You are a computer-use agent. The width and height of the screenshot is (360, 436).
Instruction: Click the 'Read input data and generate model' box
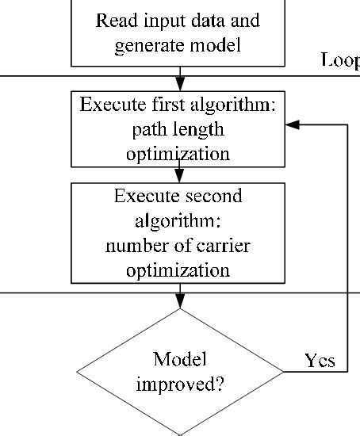pos(178,32)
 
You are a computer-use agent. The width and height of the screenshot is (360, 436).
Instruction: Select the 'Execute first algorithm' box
pos(178,129)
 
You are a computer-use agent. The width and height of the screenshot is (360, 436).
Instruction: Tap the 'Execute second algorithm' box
pos(178,233)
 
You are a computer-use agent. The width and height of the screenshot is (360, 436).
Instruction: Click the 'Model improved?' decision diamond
pos(180,371)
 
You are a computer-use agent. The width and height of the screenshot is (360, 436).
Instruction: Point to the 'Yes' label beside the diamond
pos(320,361)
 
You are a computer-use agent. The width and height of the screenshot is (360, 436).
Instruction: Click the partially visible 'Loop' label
pos(339,59)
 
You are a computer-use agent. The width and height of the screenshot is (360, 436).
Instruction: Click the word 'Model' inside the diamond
pos(180,359)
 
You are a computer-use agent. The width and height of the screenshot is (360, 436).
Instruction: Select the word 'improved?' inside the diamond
pos(179,385)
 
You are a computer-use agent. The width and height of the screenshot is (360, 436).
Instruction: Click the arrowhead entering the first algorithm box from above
pos(180,85)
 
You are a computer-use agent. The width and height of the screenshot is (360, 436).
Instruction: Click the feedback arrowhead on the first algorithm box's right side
pos(292,125)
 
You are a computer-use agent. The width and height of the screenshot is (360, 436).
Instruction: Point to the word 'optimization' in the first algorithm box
pos(178,153)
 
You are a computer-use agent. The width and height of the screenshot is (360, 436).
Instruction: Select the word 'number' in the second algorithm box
pos(132,246)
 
